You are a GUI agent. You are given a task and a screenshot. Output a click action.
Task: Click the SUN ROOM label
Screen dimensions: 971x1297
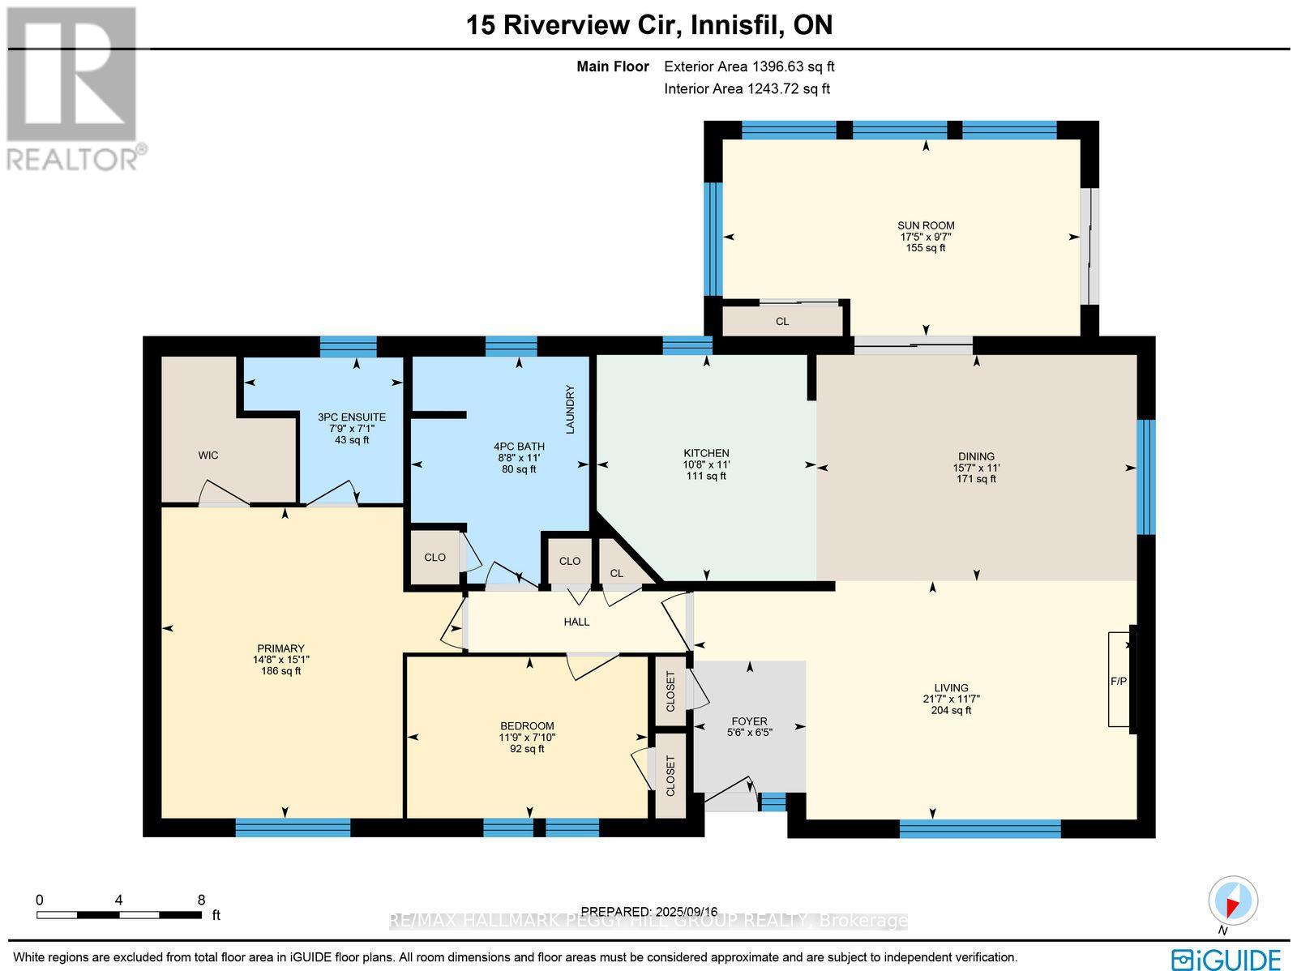(x=925, y=225)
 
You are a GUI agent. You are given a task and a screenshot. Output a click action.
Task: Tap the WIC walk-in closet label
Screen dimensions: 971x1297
(x=208, y=456)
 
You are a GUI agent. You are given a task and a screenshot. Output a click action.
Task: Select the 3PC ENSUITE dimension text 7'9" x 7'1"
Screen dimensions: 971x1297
(x=352, y=429)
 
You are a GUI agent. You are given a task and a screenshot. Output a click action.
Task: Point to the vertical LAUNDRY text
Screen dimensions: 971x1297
(x=570, y=409)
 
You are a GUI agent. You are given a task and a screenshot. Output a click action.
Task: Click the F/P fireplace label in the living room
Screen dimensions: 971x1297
(x=1118, y=681)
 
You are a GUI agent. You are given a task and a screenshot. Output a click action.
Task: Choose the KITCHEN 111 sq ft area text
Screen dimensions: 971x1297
(x=706, y=477)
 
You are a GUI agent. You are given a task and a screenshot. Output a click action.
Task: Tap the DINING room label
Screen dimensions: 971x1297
(x=976, y=456)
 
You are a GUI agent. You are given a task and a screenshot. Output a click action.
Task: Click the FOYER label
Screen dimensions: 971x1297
(x=749, y=721)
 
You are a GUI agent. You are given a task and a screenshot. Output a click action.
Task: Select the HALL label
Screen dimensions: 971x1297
(x=576, y=622)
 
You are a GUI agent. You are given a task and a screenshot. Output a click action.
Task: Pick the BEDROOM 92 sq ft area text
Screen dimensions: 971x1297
(x=527, y=749)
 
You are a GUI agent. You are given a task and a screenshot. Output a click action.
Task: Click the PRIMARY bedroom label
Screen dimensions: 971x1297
(x=280, y=648)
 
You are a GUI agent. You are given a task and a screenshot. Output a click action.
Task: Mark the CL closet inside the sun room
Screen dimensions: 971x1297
(x=782, y=322)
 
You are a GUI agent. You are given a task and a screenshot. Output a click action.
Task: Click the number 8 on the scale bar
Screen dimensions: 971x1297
(x=201, y=900)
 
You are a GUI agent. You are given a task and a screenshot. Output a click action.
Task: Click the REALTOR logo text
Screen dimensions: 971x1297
(x=77, y=158)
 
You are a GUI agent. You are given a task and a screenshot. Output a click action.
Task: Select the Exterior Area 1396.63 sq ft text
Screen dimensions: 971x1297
(x=749, y=67)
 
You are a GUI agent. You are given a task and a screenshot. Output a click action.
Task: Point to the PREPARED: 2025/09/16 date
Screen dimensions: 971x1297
(x=649, y=911)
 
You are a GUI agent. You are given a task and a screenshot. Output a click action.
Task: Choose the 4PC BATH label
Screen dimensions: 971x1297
(x=519, y=447)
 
